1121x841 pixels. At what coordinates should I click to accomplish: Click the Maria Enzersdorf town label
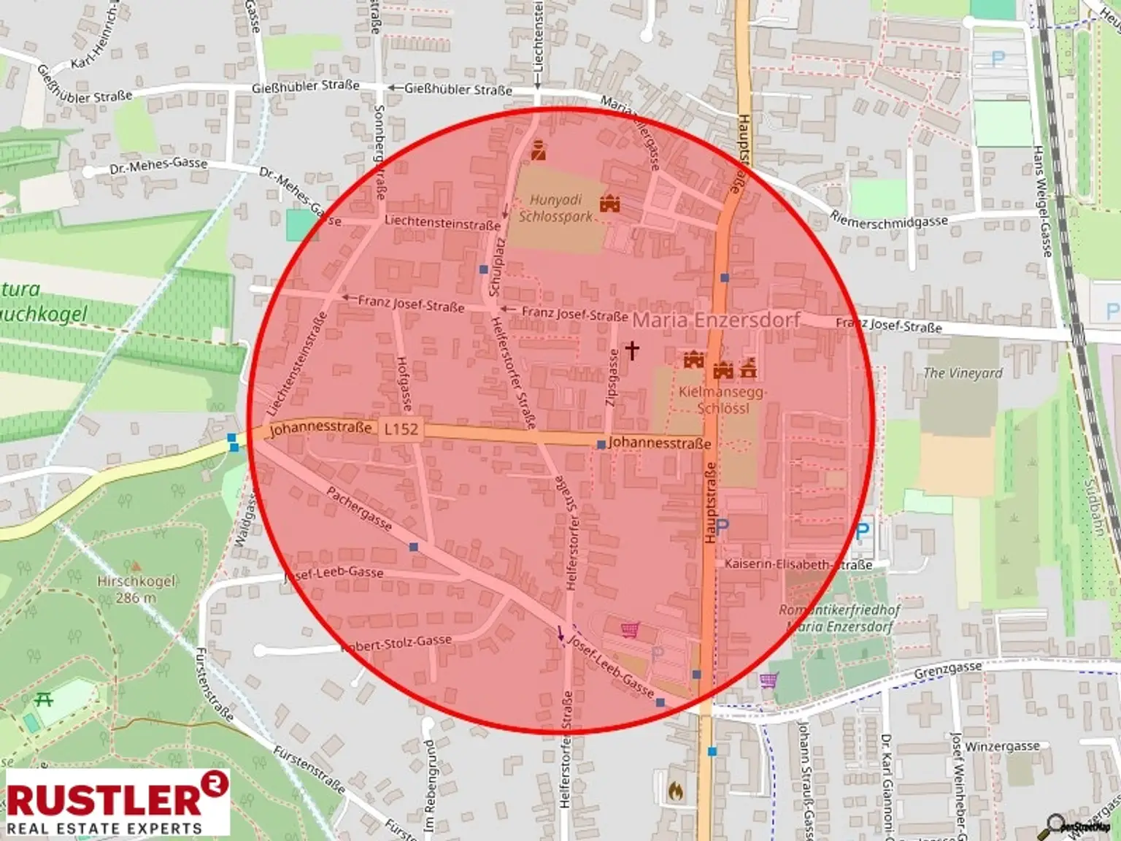click(716, 320)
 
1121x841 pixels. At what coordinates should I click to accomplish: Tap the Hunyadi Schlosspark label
click(556, 208)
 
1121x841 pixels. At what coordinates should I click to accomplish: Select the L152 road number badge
click(401, 429)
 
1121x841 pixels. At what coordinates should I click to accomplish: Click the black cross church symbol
click(632, 350)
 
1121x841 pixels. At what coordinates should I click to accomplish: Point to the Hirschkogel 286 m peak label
click(136, 589)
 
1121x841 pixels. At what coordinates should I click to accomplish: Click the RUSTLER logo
click(117, 803)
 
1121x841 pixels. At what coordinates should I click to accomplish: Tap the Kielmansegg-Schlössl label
click(723, 399)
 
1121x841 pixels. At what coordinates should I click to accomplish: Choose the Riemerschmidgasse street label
click(889, 220)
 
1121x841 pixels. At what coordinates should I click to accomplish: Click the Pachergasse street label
click(359, 509)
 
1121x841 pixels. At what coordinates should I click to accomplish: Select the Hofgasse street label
click(404, 383)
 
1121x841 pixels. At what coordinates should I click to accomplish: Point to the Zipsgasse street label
click(612, 377)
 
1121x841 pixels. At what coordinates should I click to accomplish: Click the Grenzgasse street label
click(947, 670)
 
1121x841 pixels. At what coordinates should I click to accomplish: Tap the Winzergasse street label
click(1002, 746)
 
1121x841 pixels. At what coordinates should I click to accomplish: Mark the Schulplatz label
click(496, 266)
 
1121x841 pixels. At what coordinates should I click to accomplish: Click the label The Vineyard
click(963, 373)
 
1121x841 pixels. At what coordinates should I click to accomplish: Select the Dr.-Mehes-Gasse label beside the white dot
click(158, 166)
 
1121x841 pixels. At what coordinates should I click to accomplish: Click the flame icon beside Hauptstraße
click(676, 791)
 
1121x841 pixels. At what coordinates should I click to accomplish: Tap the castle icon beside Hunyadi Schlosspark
click(609, 204)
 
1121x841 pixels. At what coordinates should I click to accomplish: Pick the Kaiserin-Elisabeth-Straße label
click(798, 564)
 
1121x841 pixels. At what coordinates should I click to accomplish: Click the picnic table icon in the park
click(44, 699)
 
